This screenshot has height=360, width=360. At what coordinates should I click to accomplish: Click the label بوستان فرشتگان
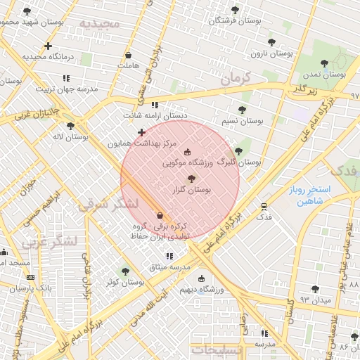tap(235, 21)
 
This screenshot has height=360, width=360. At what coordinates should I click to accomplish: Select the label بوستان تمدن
tap(324, 75)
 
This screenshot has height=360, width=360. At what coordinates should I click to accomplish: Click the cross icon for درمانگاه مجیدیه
tap(48, 46)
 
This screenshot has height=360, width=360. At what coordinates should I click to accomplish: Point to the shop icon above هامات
tap(128, 55)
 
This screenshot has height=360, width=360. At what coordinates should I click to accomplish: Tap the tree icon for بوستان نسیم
tap(243, 110)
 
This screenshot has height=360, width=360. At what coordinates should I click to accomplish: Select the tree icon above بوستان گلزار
tap(191, 179)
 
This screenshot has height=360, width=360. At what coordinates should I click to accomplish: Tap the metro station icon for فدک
tap(264, 207)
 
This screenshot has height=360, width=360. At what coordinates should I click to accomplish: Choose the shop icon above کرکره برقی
tap(160, 215)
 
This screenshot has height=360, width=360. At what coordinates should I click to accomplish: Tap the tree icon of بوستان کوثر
tap(125, 271)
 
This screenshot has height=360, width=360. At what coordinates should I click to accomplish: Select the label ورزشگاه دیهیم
tap(201, 289)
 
